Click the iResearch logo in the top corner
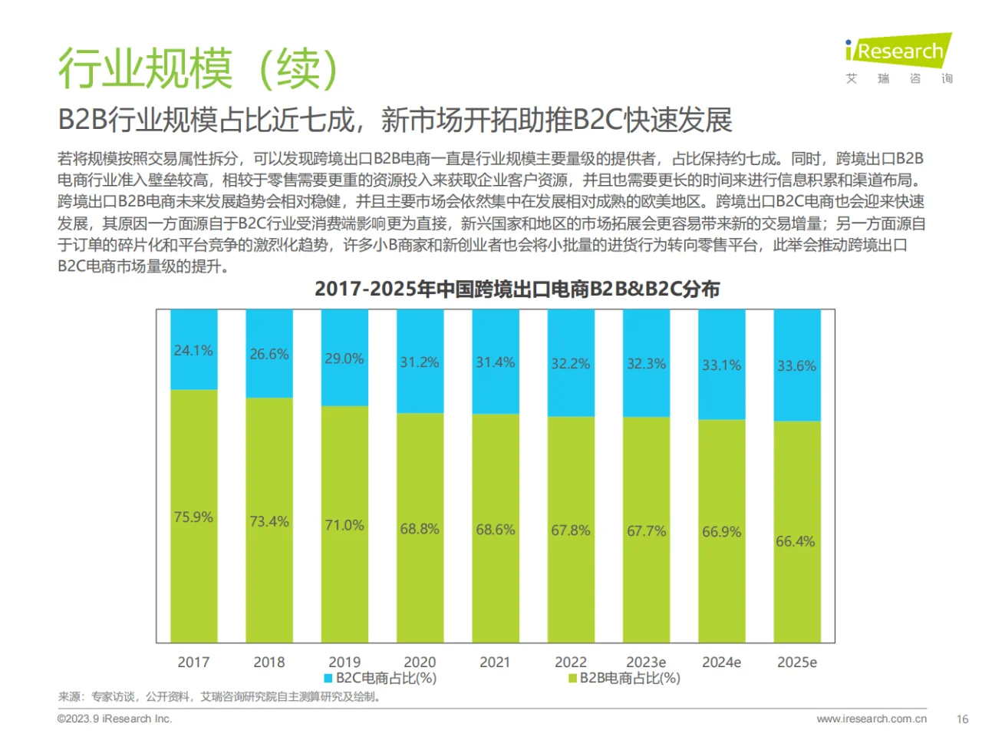[x=898, y=52]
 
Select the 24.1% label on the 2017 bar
[x=193, y=351]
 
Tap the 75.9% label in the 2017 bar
[x=193, y=517]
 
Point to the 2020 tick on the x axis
[x=420, y=662]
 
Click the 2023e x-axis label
[x=646, y=662]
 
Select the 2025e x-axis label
[x=797, y=662]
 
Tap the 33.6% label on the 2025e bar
[x=797, y=366]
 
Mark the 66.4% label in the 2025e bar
[x=796, y=542]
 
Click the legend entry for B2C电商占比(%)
[x=381, y=679]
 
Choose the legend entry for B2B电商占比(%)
[x=624, y=679]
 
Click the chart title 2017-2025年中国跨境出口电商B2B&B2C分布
[x=517, y=289]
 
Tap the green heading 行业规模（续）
[x=199, y=69]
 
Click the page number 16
[x=962, y=719]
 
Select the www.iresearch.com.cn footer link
[x=872, y=719]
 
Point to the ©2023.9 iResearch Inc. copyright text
[x=115, y=719]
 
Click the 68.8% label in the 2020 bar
[x=420, y=530]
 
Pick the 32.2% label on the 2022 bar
[x=571, y=364]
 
